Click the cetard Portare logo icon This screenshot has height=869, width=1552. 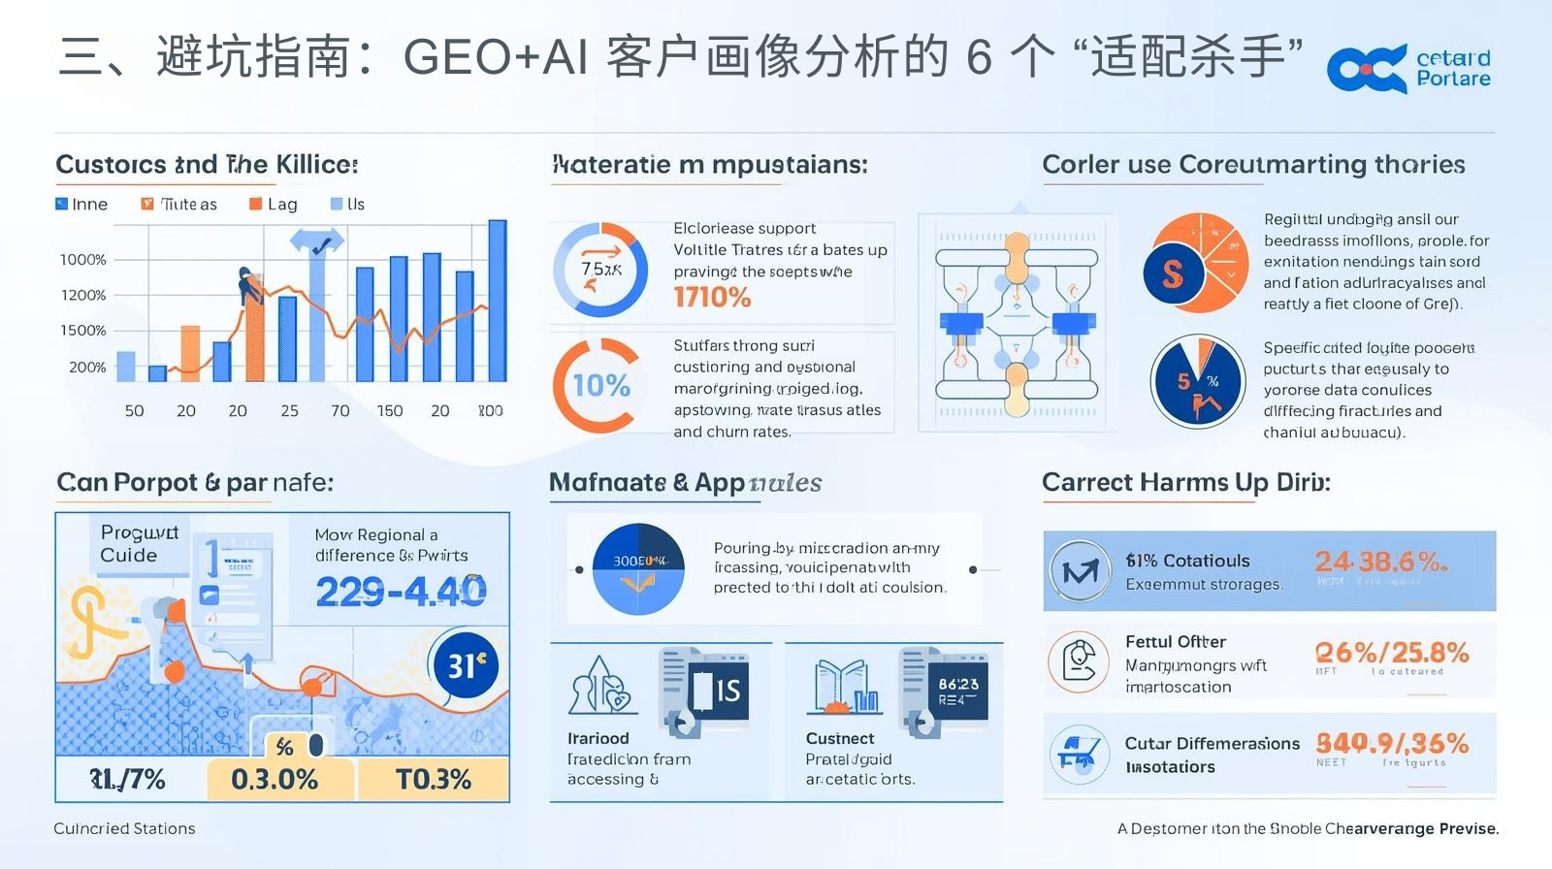pyautogui.click(x=1366, y=69)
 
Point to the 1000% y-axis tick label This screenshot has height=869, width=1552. pyautogui.click(x=83, y=260)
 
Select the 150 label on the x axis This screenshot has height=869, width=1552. pyautogui.click(x=390, y=410)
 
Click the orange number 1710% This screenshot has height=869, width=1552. pyautogui.click(x=712, y=297)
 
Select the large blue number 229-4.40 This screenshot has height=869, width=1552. pyautogui.click(x=401, y=591)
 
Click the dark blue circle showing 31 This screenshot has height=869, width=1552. pyautogui.click(x=467, y=665)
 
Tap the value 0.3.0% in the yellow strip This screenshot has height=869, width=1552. pyautogui.click(x=275, y=779)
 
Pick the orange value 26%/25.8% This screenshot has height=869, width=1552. pyautogui.click(x=1391, y=653)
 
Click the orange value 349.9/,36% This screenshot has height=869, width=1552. pyautogui.click(x=1391, y=744)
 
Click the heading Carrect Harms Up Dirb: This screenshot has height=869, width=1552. pyautogui.click(x=1185, y=482)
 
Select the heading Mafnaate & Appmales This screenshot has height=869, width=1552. pyautogui.click(x=685, y=482)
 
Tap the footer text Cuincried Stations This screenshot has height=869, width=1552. pyautogui.click(x=124, y=828)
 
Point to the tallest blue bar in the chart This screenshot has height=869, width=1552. pyautogui.click(x=497, y=301)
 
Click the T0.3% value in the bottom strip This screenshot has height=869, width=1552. pyautogui.click(x=433, y=779)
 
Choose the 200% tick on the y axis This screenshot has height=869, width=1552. pyautogui.click(x=87, y=368)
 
